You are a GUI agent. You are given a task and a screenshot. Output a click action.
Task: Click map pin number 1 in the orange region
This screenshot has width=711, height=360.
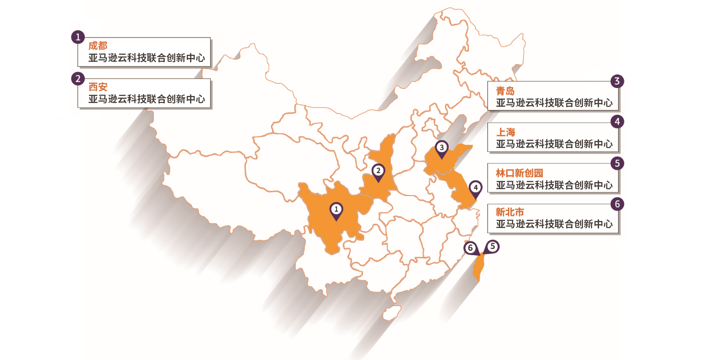[336, 210]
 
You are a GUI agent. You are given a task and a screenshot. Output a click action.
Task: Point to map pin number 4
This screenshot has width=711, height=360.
[475, 189]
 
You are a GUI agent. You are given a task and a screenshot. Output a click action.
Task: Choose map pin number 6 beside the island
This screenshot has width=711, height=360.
[471, 248]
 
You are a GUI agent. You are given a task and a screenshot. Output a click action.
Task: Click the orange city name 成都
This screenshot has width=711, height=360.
[98, 46]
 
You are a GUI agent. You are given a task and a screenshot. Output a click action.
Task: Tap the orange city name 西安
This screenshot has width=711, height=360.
[98, 87]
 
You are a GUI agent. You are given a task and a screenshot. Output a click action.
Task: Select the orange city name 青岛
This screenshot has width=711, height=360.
[506, 91]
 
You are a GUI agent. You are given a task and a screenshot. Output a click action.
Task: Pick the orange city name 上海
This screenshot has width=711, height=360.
[506, 132]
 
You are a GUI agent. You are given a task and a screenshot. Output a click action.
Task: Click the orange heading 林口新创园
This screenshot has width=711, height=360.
[520, 173]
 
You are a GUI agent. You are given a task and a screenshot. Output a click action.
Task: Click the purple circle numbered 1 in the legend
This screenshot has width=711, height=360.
[78, 37]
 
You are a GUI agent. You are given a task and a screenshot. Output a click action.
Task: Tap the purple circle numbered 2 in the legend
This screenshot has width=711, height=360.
[78, 78]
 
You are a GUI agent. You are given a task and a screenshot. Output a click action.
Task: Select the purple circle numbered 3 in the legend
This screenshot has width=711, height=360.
[617, 81]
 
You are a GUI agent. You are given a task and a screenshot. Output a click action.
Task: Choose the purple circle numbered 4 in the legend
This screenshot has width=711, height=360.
[617, 122]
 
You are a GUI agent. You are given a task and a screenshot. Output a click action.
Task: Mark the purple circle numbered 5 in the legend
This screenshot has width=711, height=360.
[617, 163]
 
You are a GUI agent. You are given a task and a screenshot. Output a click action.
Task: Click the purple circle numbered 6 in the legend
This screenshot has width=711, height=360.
[617, 204]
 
